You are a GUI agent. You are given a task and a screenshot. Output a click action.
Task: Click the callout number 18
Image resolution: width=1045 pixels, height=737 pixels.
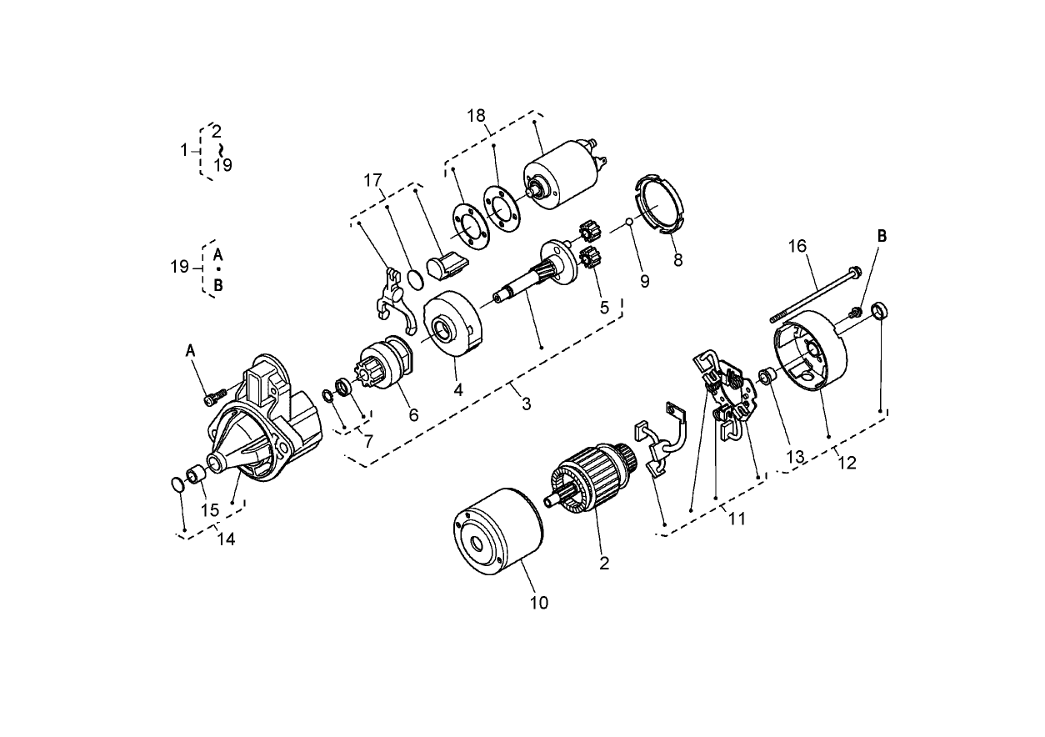[x=476, y=116]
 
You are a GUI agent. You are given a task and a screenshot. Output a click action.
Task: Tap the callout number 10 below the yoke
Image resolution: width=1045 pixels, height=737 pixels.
[x=539, y=603]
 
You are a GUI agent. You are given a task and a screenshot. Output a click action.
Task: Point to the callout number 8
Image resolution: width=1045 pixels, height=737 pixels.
[x=677, y=259]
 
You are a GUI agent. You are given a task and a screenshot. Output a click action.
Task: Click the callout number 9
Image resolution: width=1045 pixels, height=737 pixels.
[x=644, y=282]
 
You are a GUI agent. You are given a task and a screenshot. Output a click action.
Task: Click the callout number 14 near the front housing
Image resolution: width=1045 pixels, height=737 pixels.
[x=226, y=539]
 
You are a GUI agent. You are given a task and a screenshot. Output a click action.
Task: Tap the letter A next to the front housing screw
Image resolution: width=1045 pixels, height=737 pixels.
[x=190, y=353]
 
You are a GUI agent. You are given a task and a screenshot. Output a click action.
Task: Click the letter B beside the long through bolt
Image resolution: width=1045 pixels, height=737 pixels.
[x=882, y=237]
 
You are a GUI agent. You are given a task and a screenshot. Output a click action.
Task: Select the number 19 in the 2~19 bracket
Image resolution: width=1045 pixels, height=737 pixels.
[x=222, y=165]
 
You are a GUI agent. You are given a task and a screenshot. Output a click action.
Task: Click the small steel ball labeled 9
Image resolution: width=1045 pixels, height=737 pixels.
[x=632, y=223]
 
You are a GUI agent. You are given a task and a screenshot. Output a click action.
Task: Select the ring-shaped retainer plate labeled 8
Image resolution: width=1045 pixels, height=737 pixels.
[x=659, y=207]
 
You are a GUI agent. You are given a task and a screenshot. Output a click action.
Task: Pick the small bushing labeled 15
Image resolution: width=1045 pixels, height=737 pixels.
[x=196, y=476]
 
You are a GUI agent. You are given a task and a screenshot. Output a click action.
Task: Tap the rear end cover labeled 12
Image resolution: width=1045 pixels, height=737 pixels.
[x=809, y=350]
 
